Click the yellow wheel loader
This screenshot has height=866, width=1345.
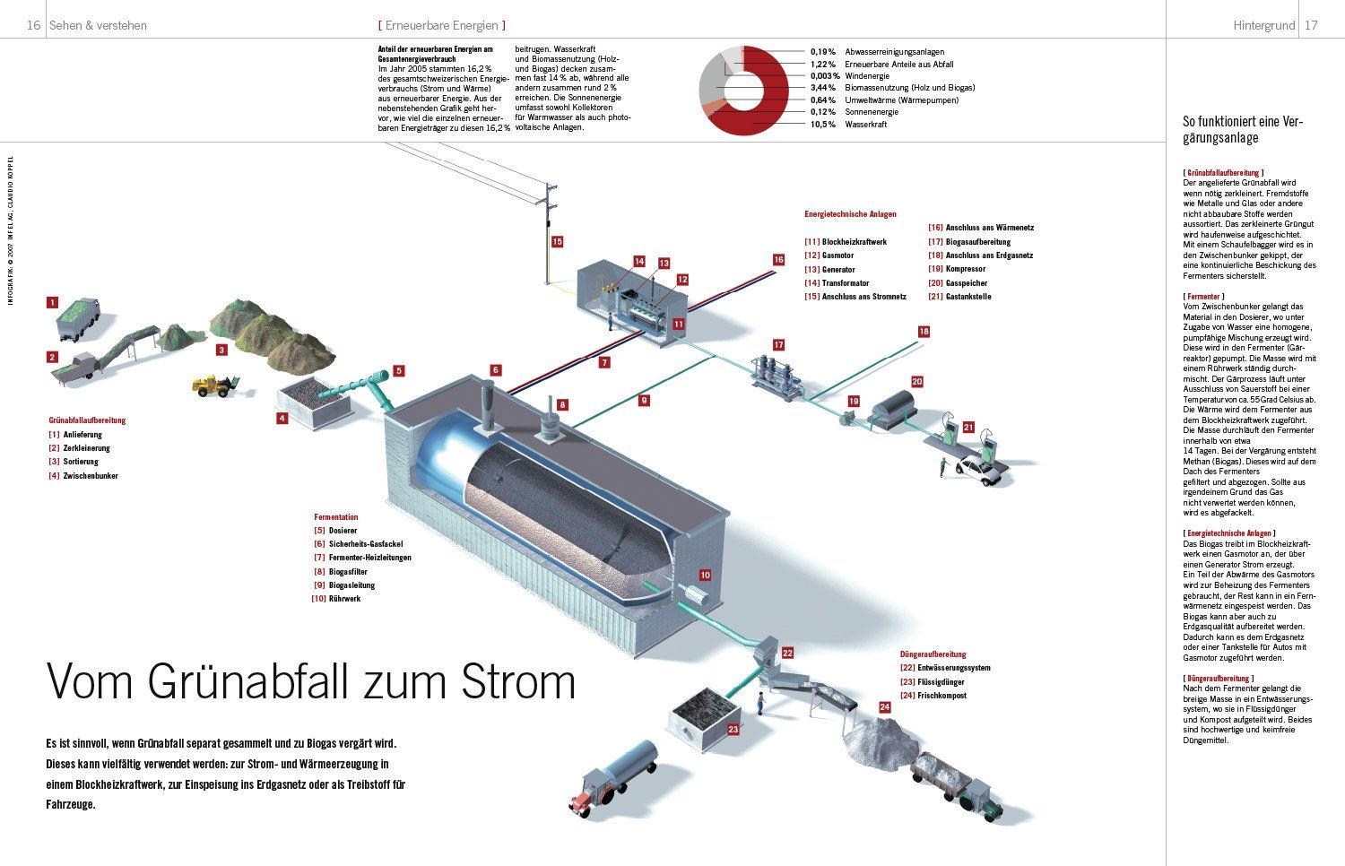click(x=214, y=385)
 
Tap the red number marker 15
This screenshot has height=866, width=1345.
click(x=557, y=241)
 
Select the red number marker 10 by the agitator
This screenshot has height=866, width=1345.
click(x=705, y=576)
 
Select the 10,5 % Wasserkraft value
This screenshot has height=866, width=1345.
click(x=822, y=125)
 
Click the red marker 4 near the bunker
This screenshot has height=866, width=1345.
click(x=282, y=418)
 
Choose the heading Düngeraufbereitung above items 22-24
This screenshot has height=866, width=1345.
click(x=933, y=654)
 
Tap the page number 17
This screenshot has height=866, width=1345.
click(x=1311, y=25)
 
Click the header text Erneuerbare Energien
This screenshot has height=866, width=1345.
click(x=441, y=25)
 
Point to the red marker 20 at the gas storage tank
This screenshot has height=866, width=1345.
click(x=916, y=381)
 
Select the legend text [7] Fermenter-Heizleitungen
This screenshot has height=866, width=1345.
click(x=362, y=558)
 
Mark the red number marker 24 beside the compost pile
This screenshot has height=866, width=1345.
click(x=884, y=707)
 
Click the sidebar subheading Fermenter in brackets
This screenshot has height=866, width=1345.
click(x=1203, y=296)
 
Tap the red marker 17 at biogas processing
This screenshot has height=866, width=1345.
click(x=778, y=344)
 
